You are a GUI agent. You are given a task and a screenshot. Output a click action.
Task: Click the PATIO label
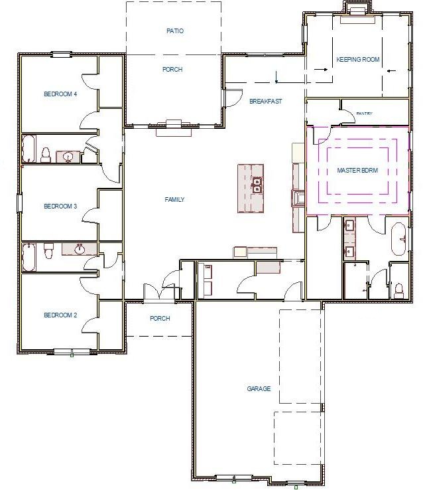click(174, 31)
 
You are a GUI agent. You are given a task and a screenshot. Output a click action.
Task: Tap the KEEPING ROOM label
click(357, 60)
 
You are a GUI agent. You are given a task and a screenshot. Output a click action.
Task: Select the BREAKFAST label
click(265, 102)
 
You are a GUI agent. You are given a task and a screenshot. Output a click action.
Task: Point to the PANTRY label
click(364, 114)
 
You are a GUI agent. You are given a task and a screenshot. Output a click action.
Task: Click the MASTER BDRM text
click(357, 171)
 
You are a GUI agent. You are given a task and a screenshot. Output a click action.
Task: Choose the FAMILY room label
click(174, 200)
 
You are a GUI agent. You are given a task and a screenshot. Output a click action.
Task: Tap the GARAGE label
click(259, 389)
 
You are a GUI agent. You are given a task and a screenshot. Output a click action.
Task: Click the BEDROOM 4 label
click(60, 94)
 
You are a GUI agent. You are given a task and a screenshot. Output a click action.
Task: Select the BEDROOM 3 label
click(60, 206)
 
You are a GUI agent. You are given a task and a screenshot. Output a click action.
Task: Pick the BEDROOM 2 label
click(60, 315)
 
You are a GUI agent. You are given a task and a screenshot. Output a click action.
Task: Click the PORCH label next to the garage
click(160, 319)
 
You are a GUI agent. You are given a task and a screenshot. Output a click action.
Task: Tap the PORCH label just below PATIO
click(172, 70)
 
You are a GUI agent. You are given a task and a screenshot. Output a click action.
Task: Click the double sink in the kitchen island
click(257, 183)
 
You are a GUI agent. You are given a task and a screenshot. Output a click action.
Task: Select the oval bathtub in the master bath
click(398, 240)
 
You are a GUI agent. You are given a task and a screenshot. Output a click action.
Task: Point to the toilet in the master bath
click(398, 289)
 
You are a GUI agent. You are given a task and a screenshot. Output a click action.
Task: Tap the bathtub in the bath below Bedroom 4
click(30, 149)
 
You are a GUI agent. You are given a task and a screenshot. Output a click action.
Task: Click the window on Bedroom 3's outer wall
click(20, 203)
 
